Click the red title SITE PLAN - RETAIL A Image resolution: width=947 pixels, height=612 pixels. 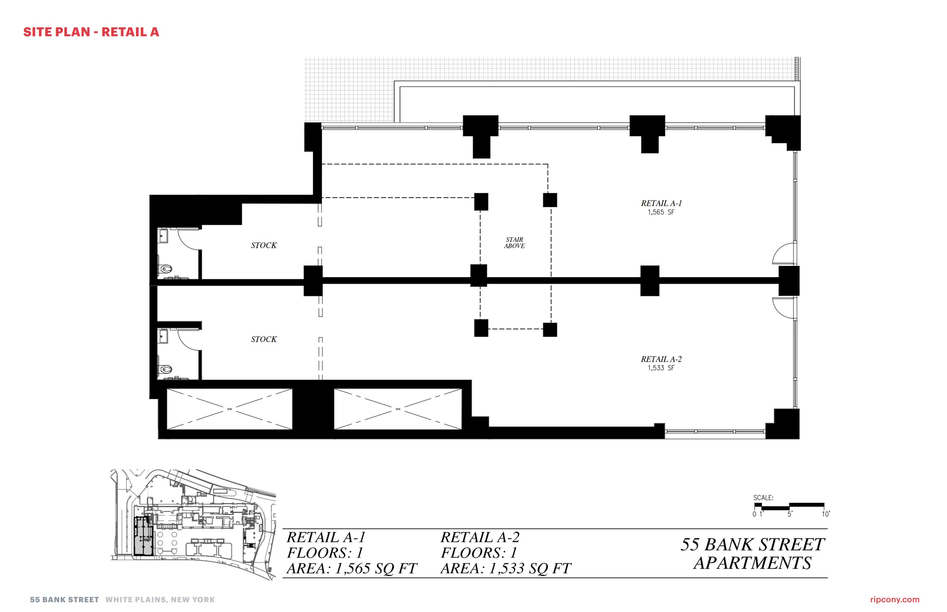click(91, 32)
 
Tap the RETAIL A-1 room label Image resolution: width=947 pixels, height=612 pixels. click(661, 204)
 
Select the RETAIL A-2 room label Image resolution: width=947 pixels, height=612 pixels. click(661, 359)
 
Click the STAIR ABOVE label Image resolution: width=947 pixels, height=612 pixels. click(514, 243)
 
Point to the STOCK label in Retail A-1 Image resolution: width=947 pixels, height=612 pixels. click(264, 246)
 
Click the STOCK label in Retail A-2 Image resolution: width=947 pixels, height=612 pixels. click(264, 340)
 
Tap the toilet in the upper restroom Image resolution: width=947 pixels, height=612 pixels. click(166, 269)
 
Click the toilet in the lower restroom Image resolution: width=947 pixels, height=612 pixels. click(166, 369)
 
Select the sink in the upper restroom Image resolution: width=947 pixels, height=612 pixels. click(163, 236)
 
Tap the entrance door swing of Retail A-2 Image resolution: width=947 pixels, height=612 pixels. click(785, 308)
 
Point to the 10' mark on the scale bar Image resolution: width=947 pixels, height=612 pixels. click(826, 514)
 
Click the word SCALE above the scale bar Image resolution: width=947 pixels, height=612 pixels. click(763, 498)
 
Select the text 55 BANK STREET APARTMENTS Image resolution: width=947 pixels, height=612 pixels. click(752, 554)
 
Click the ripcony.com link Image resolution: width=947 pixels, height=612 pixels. click(894, 600)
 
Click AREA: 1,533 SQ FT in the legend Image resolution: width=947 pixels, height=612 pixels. click(505, 569)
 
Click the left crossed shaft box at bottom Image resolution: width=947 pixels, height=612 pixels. click(229, 409)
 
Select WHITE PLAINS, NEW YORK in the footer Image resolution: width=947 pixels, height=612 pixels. click(160, 600)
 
